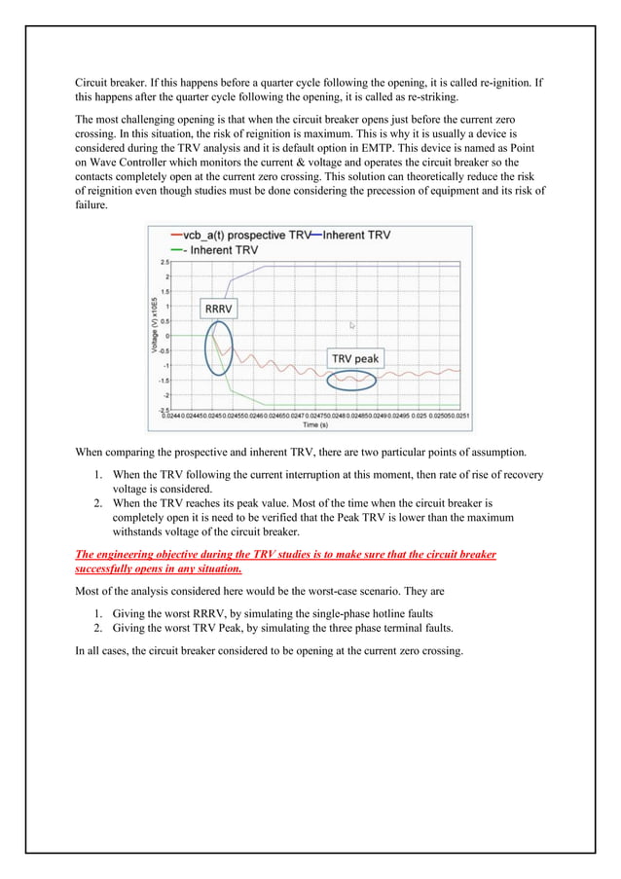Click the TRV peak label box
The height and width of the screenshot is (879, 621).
pyautogui.click(x=352, y=358)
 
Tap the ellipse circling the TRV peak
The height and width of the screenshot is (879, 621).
pyautogui.click(x=350, y=379)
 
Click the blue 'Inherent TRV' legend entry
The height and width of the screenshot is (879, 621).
pyautogui.click(x=355, y=236)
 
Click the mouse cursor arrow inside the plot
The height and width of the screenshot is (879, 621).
pyautogui.click(x=353, y=326)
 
